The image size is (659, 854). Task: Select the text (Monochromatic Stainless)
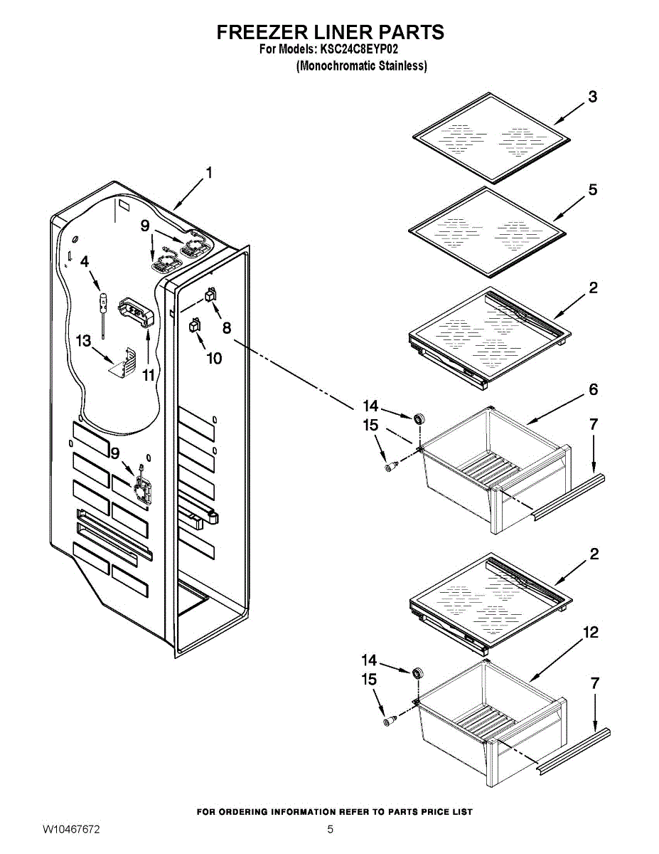tap(362, 66)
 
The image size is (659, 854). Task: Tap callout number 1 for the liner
tap(209, 172)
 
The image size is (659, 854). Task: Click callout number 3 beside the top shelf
tap(591, 97)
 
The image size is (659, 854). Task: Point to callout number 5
tap(592, 190)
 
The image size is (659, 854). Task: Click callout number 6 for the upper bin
tap(593, 389)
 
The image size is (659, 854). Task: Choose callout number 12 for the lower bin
tap(590, 632)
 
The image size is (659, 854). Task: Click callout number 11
tap(148, 374)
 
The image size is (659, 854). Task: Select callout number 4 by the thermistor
tap(85, 261)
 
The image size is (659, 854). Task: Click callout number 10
tap(214, 358)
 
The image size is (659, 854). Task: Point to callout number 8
tap(226, 328)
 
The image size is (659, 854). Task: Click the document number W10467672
tap(71, 830)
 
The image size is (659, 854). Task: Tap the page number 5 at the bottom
tap(330, 830)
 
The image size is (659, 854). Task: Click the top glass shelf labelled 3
tap(490, 137)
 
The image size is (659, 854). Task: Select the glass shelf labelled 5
tap(488, 231)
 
